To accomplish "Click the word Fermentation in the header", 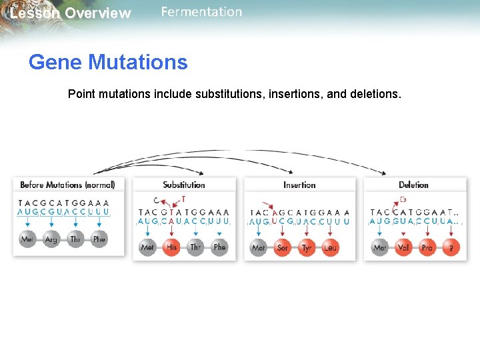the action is coord(201,12).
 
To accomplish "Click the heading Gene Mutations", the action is coord(108,63).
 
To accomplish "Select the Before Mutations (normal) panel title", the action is coord(67,185).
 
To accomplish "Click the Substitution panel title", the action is coord(183,185).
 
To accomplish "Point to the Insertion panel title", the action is coord(299,185).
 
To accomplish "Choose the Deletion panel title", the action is coord(413,185).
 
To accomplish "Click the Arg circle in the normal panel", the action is coord(51,239).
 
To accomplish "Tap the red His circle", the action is coord(172,247).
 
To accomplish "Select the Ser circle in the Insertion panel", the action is coord(283,247).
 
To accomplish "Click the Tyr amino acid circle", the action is coord(307,247).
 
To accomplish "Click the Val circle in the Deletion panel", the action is coord(403,247).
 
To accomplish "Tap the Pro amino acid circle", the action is coord(427,247).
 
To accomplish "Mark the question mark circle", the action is coord(451,247).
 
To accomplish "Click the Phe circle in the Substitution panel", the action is coord(220,247).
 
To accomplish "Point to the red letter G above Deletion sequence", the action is coord(403,199).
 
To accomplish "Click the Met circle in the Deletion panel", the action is coord(380,247).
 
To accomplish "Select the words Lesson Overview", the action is coord(71,13).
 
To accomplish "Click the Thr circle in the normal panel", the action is coord(75,239).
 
